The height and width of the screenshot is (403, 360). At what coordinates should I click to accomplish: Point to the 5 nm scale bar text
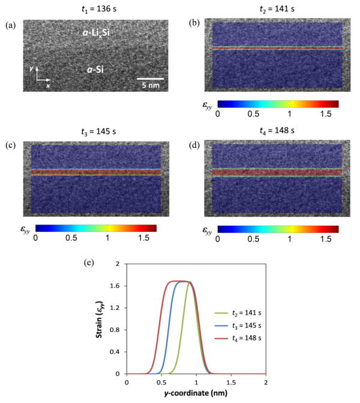coord(150,85)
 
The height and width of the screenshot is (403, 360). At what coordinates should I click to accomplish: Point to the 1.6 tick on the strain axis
coord(114,286)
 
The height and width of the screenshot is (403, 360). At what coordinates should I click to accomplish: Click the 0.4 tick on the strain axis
coord(114,352)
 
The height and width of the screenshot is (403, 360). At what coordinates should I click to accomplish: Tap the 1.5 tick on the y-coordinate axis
coord(230,382)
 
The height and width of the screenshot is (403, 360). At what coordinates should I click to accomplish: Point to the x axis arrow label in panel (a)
coord(47,85)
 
